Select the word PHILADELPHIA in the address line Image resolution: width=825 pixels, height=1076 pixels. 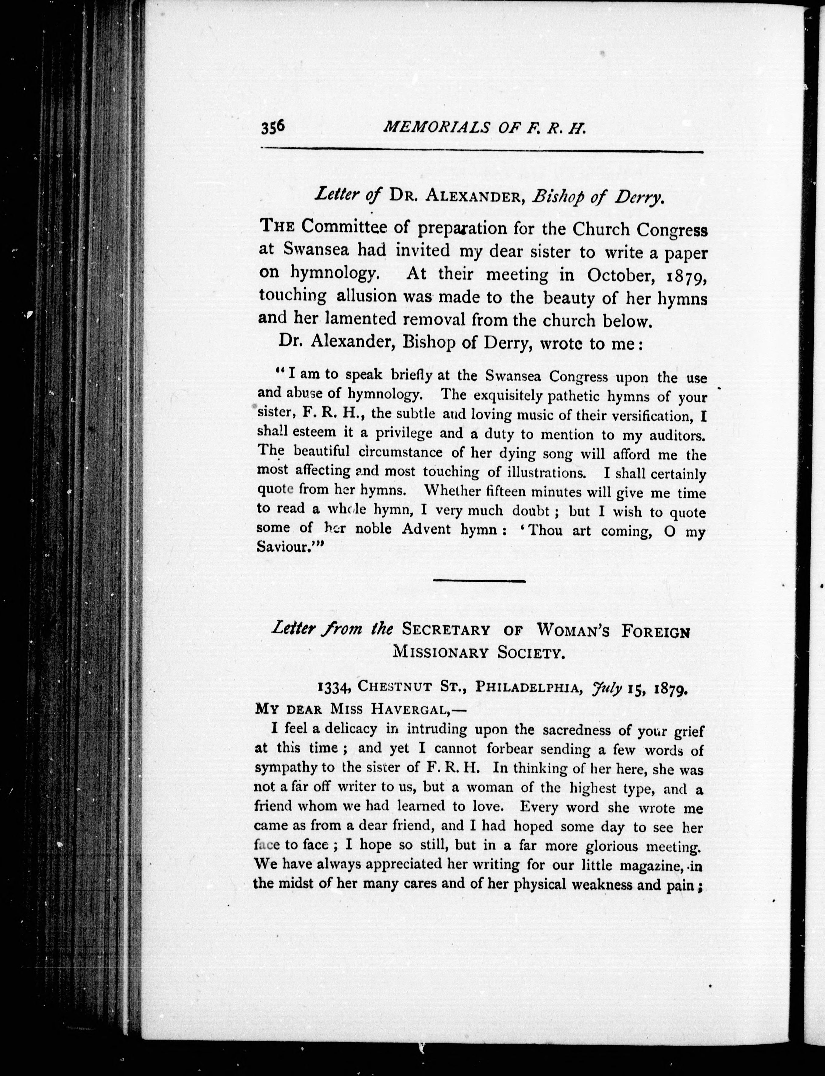click(528, 688)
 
